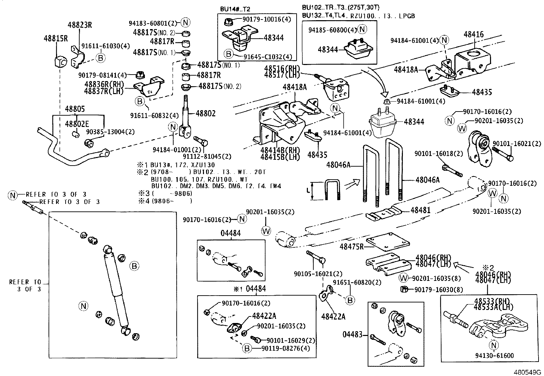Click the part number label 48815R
click(55, 38)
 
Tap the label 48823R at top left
click(80, 25)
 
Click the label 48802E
click(77, 124)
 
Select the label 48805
click(75, 109)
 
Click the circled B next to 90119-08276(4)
click(247, 348)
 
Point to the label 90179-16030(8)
click(439, 290)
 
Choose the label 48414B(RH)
click(280, 151)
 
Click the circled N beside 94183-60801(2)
click(185, 23)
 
